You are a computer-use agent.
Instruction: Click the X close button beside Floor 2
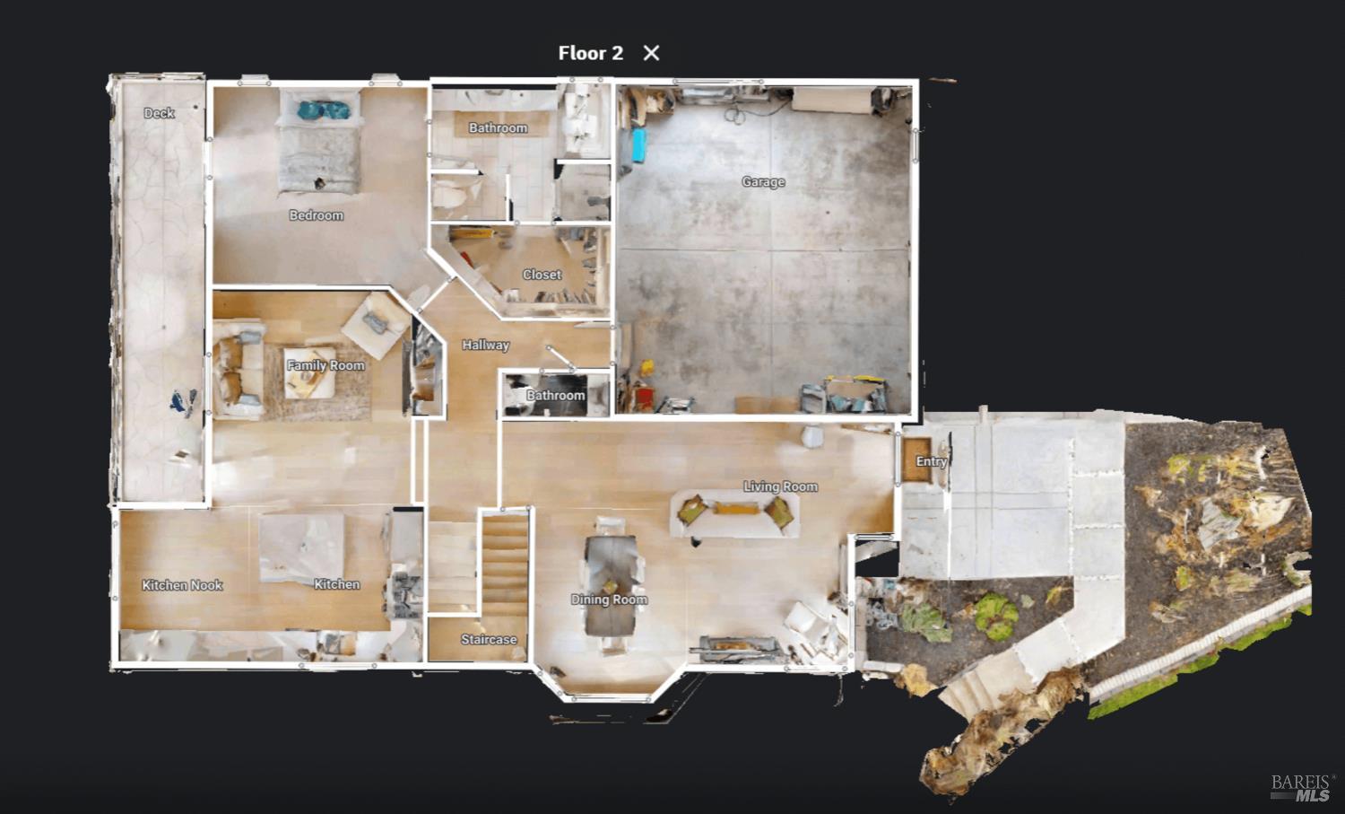pos(651,53)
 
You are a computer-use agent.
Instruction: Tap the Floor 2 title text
pos(590,53)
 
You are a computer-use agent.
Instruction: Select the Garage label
pos(763,181)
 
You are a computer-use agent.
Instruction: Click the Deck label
pos(159,113)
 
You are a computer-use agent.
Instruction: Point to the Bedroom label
pos(317,215)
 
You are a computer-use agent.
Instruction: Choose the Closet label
pos(542,275)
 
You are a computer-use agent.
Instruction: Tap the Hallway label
pos(486,346)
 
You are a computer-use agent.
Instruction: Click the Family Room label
pos(325,365)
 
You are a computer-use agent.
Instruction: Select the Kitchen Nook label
pos(182,585)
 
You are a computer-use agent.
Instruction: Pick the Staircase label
pos(489,640)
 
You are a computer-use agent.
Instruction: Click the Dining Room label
pos(609,600)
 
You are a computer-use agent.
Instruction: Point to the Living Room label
pos(781,486)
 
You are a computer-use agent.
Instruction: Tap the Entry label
pos(932,461)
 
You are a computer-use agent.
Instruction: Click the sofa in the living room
pos(734,513)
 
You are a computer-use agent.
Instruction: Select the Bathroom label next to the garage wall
pos(555,396)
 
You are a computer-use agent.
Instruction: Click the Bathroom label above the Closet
pos(499,128)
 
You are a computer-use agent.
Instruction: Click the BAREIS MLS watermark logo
pos(1300,788)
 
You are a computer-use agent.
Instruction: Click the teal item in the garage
pos(638,145)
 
